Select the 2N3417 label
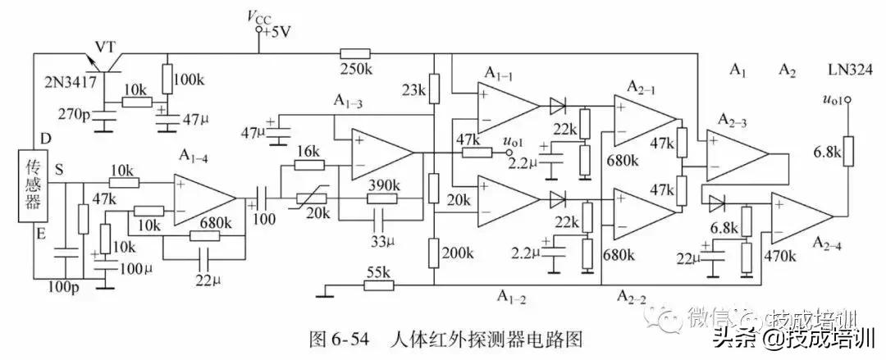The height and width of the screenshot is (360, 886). [71, 82]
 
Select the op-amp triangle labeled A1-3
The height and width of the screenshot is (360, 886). [380, 153]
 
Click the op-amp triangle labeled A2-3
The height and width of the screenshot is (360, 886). [733, 155]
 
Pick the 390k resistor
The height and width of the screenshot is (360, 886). [381, 198]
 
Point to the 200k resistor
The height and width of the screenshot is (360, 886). [433, 253]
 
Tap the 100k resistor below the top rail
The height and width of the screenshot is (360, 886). [167, 80]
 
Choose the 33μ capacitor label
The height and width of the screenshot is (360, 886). [379, 242]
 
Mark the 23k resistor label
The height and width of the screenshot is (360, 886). [415, 89]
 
